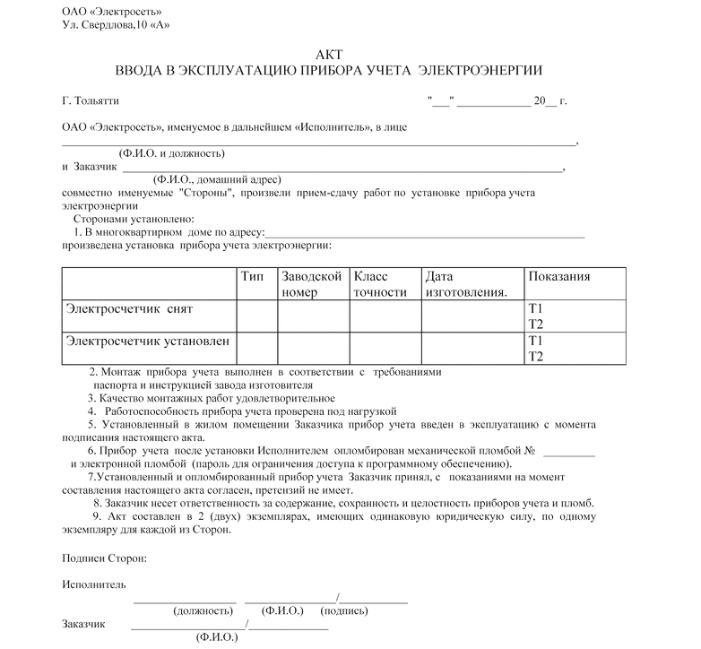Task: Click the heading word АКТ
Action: tap(329, 54)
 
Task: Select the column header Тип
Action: tap(253, 276)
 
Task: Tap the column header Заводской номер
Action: tap(311, 284)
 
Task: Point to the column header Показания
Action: tap(558, 276)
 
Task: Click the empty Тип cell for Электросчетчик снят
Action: tap(255, 316)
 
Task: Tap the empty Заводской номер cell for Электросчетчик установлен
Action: tap(312, 349)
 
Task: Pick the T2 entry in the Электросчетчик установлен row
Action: tap(536, 357)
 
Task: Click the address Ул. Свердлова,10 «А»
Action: tap(116, 24)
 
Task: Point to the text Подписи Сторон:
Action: tap(105, 558)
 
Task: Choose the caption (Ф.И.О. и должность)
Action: tap(167, 153)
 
